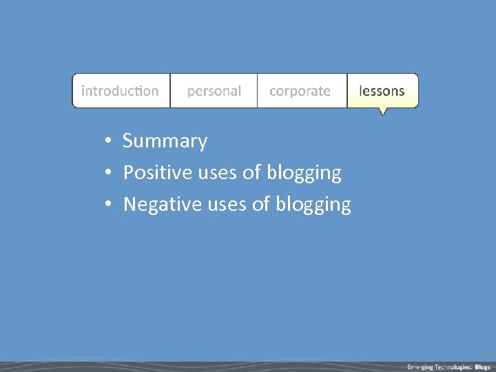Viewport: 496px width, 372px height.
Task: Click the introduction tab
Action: pos(121,91)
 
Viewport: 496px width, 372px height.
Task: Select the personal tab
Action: pos(214,91)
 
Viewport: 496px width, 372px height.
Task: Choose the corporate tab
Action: pos(300,91)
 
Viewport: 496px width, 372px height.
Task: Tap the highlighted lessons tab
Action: pos(382,91)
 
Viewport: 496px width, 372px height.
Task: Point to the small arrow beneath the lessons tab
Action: pos(383,111)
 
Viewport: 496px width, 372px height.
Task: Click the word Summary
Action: pos(165,141)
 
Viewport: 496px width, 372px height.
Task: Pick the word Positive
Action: pos(157,173)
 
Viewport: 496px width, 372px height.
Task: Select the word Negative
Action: pos(162,205)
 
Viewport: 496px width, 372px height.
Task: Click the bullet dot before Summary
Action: pos(108,142)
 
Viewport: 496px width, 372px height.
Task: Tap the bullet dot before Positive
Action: pos(108,174)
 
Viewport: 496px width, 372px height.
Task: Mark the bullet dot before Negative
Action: pos(108,205)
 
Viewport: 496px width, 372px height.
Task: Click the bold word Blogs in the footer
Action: pos(483,366)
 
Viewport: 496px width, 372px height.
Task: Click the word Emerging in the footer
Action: pos(420,366)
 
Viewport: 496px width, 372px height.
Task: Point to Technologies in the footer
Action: pos(453,366)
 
